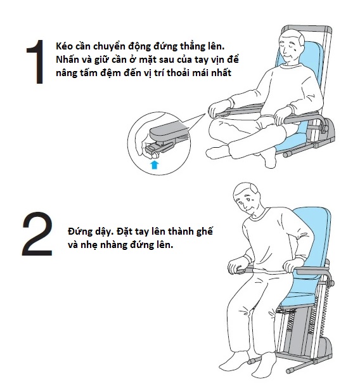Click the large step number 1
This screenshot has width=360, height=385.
[x=36, y=62]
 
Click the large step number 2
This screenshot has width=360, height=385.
[x=37, y=234]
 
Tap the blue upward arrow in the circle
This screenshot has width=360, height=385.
[x=155, y=164]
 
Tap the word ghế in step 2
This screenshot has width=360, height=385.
[x=205, y=232]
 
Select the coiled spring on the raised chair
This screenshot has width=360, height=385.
[x=326, y=312]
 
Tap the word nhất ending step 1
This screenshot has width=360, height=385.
[x=221, y=73]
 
